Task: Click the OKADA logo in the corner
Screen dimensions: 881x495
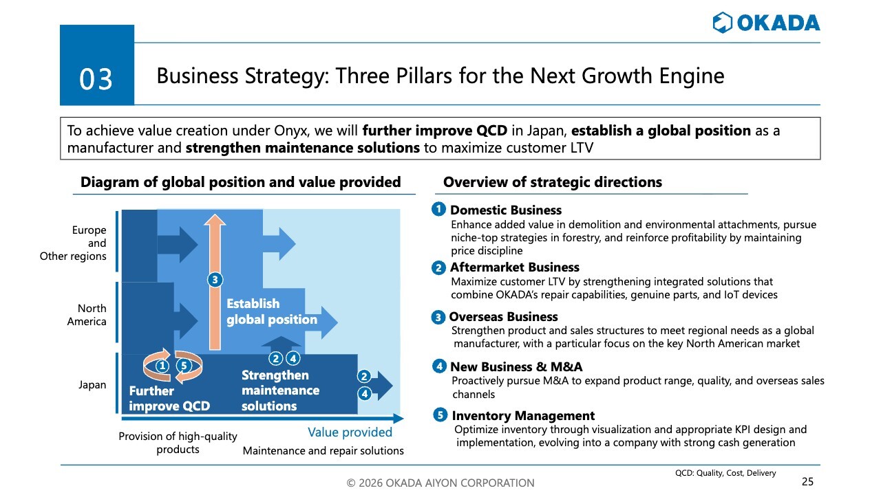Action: pos(766,23)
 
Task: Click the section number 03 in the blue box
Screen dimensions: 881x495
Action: pos(96,79)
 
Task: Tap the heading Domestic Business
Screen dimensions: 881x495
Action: pos(506,210)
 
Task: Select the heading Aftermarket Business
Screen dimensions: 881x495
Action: pos(514,267)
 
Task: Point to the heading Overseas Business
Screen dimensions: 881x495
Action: pos(503,317)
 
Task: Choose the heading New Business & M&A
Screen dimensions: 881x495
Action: pos(516,366)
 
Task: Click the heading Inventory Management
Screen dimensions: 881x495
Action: pos(523,416)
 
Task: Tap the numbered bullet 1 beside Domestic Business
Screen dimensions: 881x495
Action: pos(438,209)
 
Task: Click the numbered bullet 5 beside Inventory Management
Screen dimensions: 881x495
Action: pos(440,415)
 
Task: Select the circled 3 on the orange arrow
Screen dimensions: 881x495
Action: pos(215,280)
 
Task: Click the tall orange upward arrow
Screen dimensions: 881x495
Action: pos(215,282)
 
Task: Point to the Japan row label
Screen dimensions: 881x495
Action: pos(92,384)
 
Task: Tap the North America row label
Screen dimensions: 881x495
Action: pos(87,315)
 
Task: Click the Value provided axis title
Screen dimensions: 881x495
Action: pos(350,432)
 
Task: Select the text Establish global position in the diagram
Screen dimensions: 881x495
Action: pos(272,311)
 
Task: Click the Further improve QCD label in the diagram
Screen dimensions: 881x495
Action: pos(169,398)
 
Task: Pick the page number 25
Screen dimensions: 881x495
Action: pos(808,482)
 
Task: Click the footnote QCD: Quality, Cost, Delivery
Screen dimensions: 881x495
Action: pos(725,473)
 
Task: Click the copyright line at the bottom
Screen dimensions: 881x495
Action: pos(440,483)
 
